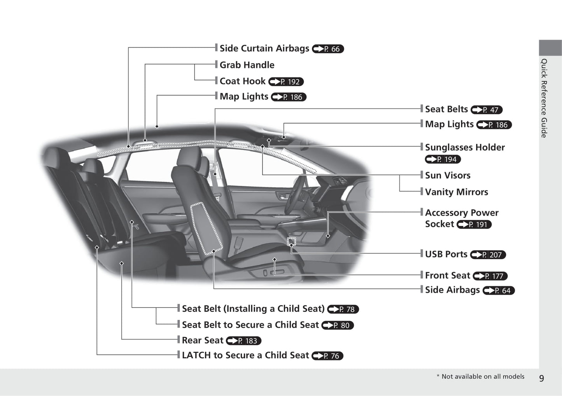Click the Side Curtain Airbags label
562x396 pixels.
click(x=264, y=48)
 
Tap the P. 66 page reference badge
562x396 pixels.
click(x=328, y=49)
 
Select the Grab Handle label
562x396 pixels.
click(x=247, y=65)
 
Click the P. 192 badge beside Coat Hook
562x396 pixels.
click(x=286, y=82)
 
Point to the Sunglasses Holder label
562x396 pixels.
click(x=465, y=147)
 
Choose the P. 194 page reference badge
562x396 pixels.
click(x=443, y=159)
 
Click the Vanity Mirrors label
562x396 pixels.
click(x=456, y=192)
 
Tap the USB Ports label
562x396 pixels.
click(x=446, y=254)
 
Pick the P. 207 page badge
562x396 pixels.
click(x=488, y=255)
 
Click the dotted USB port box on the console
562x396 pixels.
click(x=291, y=241)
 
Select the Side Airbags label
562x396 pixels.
click(x=452, y=290)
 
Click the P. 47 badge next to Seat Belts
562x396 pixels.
click(x=487, y=110)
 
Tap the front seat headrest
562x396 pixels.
click(x=190, y=157)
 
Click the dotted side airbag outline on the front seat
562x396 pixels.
click(x=206, y=229)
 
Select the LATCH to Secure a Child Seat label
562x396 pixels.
click(x=245, y=355)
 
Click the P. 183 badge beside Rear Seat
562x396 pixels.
click(x=243, y=341)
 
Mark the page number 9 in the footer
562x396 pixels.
click(x=542, y=378)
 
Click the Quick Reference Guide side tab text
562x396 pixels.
click(x=544, y=98)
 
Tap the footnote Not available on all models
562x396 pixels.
click(x=480, y=377)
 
